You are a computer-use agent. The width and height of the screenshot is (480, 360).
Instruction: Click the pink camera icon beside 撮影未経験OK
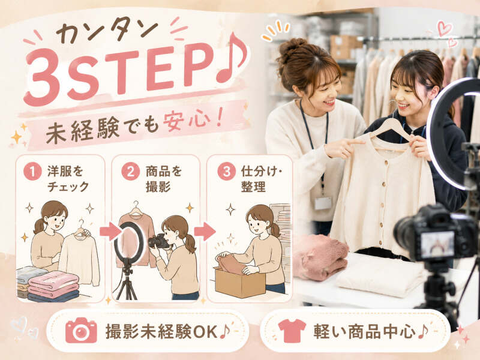click(81, 331)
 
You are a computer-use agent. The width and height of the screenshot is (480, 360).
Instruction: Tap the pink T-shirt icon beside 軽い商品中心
click(292, 331)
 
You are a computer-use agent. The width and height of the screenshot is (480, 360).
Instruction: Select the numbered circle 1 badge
click(32, 172)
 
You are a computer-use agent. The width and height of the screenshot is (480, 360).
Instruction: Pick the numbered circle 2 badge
click(131, 172)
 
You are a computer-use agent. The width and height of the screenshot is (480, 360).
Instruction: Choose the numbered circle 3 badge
click(227, 172)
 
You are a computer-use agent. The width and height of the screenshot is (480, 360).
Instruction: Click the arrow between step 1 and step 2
click(110, 232)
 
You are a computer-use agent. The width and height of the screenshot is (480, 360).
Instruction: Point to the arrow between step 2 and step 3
click(205, 232)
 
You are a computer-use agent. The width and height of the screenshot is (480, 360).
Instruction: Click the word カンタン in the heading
click(107, 29)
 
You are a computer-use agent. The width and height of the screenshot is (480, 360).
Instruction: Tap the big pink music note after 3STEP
click(232, 58)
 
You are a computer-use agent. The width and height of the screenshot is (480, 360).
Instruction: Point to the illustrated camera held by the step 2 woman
click(158, 241)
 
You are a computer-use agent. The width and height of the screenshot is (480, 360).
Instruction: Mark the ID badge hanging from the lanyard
click(323, 203)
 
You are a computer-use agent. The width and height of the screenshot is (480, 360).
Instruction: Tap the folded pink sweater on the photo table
click(320, 258)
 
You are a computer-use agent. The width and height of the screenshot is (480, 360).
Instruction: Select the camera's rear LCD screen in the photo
click(437, 244)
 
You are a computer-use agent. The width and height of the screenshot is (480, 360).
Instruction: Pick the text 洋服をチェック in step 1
click(68, 179)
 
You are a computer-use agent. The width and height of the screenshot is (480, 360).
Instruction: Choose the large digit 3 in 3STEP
click(43, 77)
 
